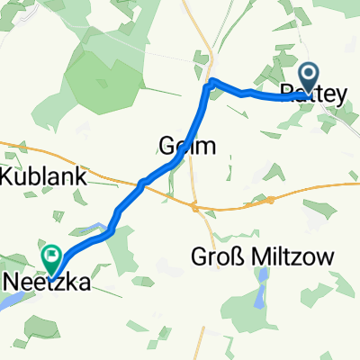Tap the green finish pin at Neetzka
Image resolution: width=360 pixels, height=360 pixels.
coord(51,260)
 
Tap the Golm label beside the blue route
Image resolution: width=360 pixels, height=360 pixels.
coord(187,145)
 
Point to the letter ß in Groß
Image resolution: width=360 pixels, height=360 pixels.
coord(237,258)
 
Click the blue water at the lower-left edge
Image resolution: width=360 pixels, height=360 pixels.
coord(7,301)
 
